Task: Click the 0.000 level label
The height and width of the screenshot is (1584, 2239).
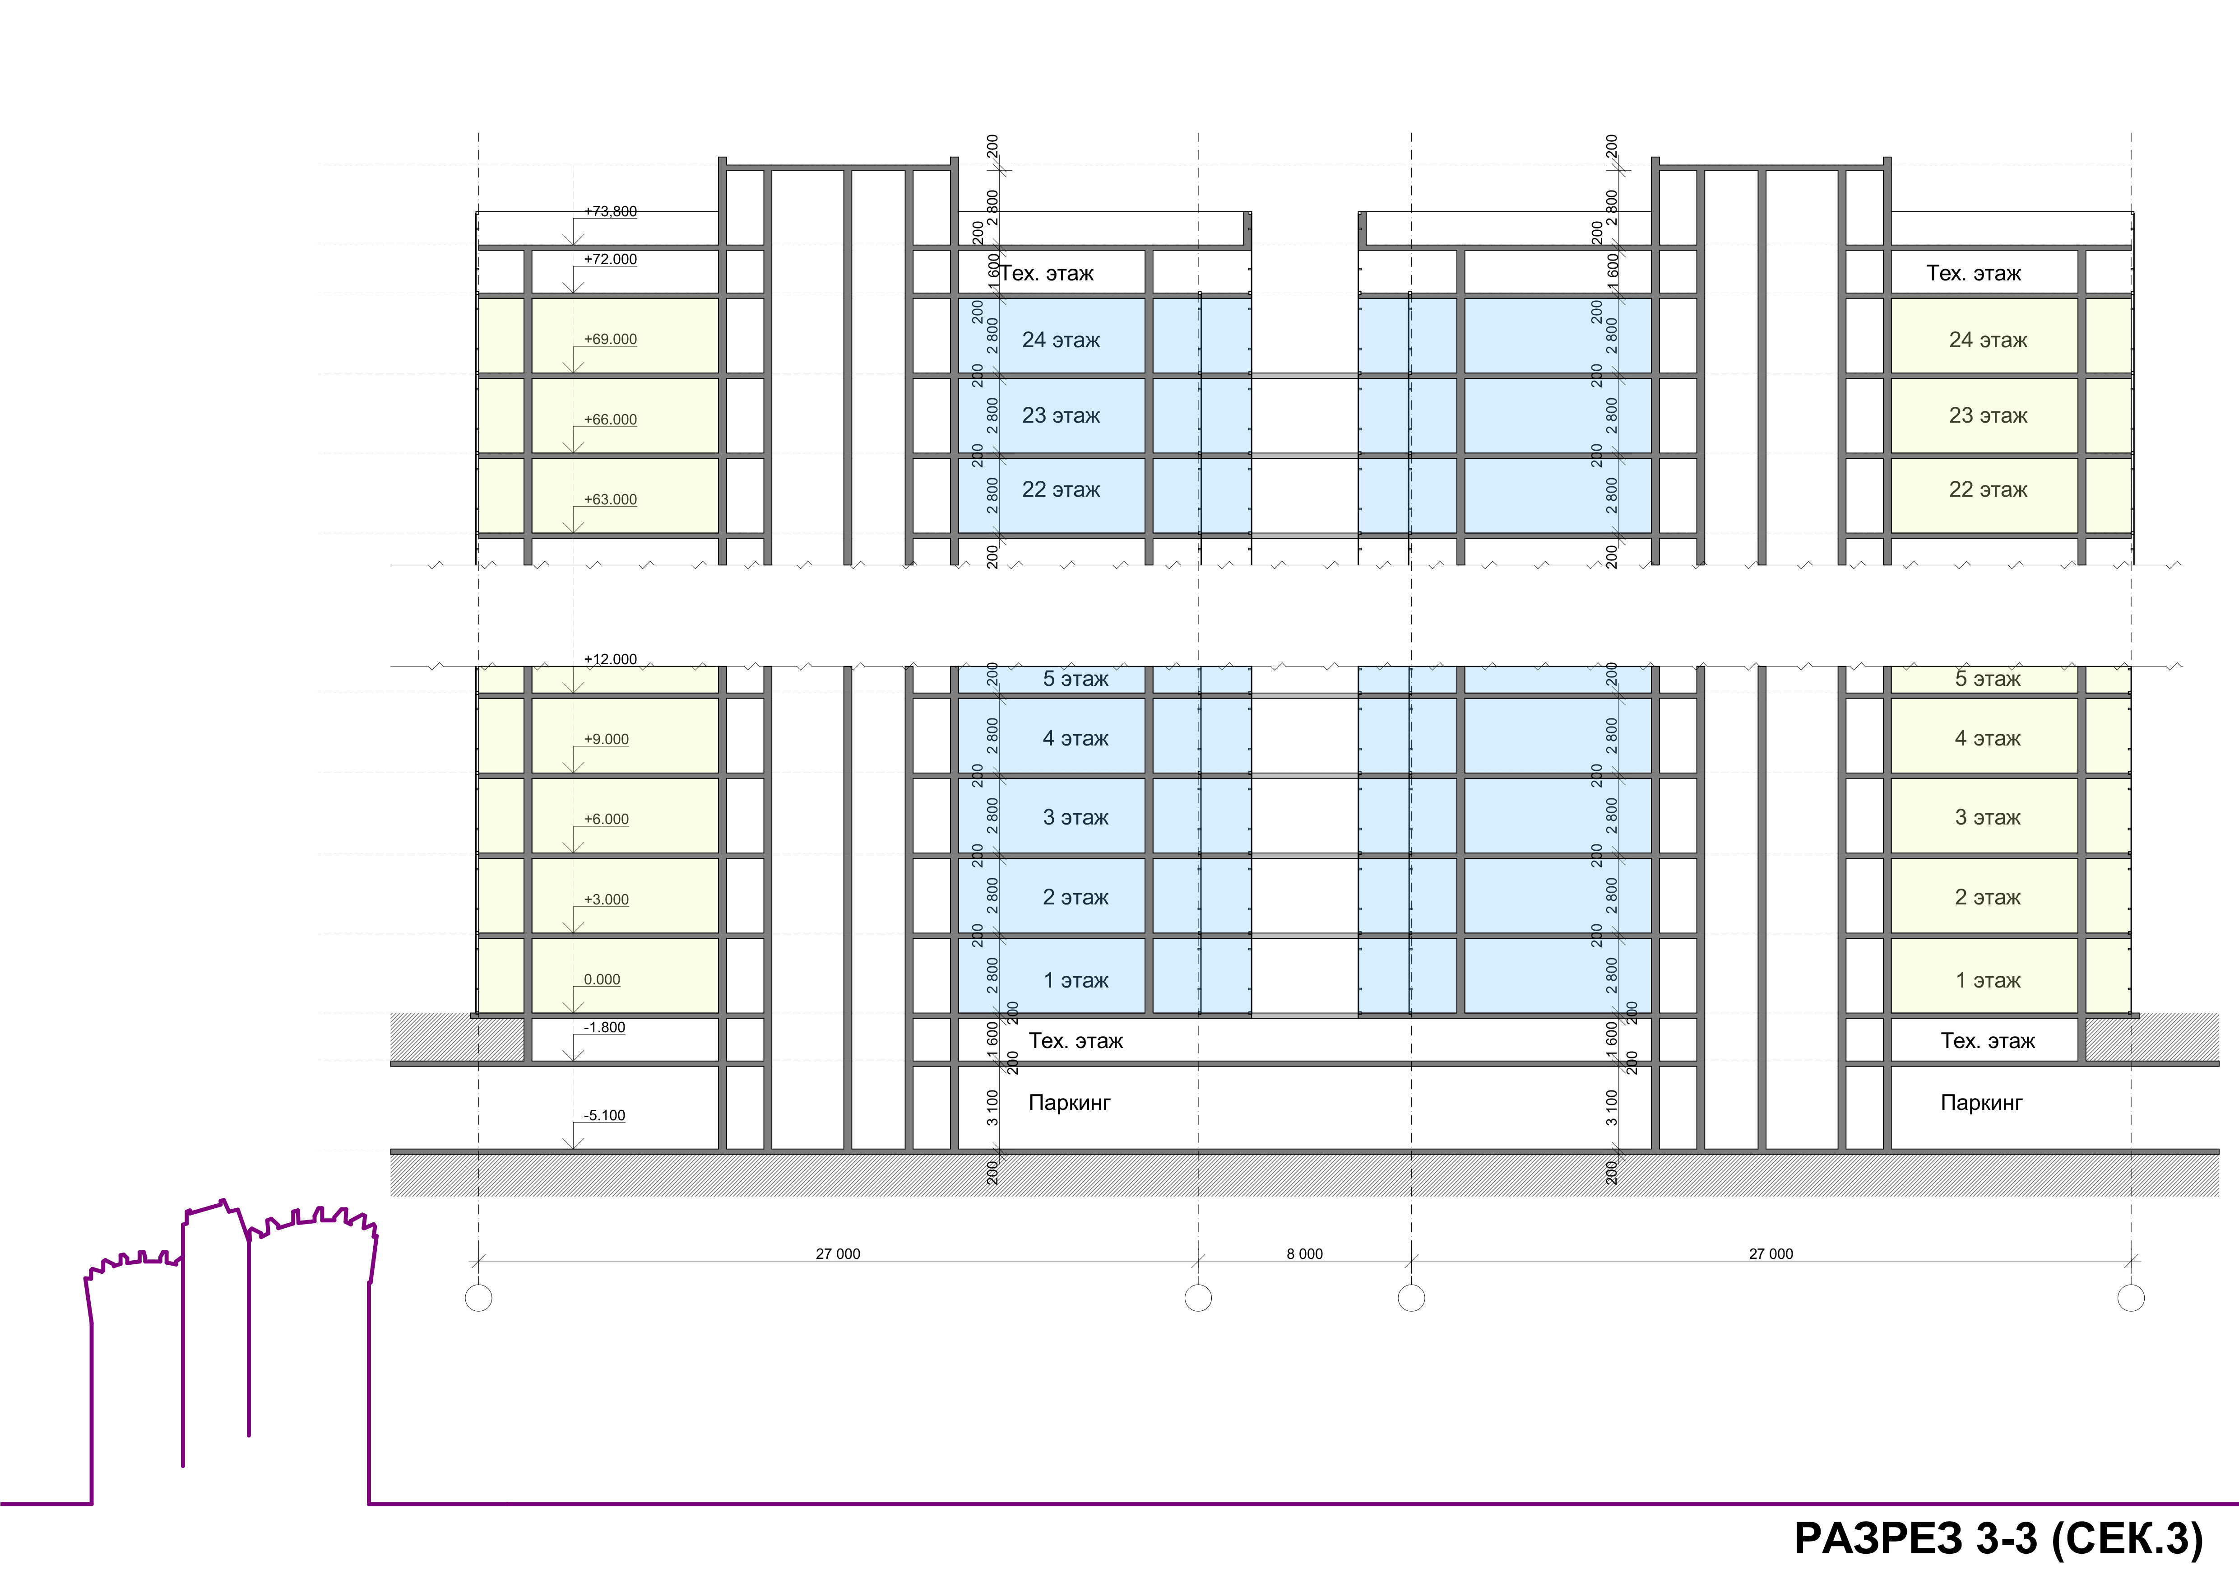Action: (x=602, y=979)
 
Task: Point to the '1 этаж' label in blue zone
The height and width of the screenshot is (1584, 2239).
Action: (x=1075, y=980)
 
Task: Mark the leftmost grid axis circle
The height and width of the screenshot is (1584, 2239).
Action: (x=479, y=1298)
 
